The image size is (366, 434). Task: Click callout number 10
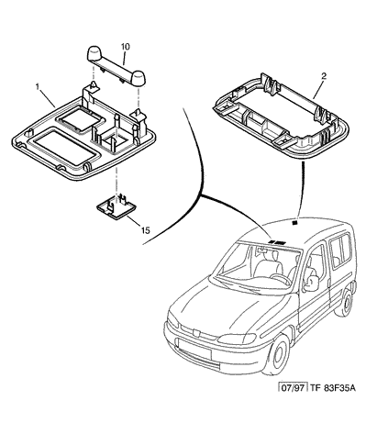(x=126, y=47)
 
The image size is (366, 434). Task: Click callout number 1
(x=38, y=87)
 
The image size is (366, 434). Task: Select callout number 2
(x=324, y=76)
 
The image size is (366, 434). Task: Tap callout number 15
(x=146, y=230)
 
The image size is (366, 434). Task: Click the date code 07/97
(x=293, y=388)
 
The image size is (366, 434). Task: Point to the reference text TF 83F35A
(x=333, y=388)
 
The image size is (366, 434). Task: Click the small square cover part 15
(x=116, y=207)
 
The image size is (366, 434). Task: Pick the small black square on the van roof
(x=294, y=222)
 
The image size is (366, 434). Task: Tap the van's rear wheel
(x=347, y=303)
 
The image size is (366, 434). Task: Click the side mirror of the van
(x=311, y=283)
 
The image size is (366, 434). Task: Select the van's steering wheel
(x=281, y=278)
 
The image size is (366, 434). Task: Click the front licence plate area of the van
(x=194, y=349)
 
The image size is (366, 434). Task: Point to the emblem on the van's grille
(x=196, y=332)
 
